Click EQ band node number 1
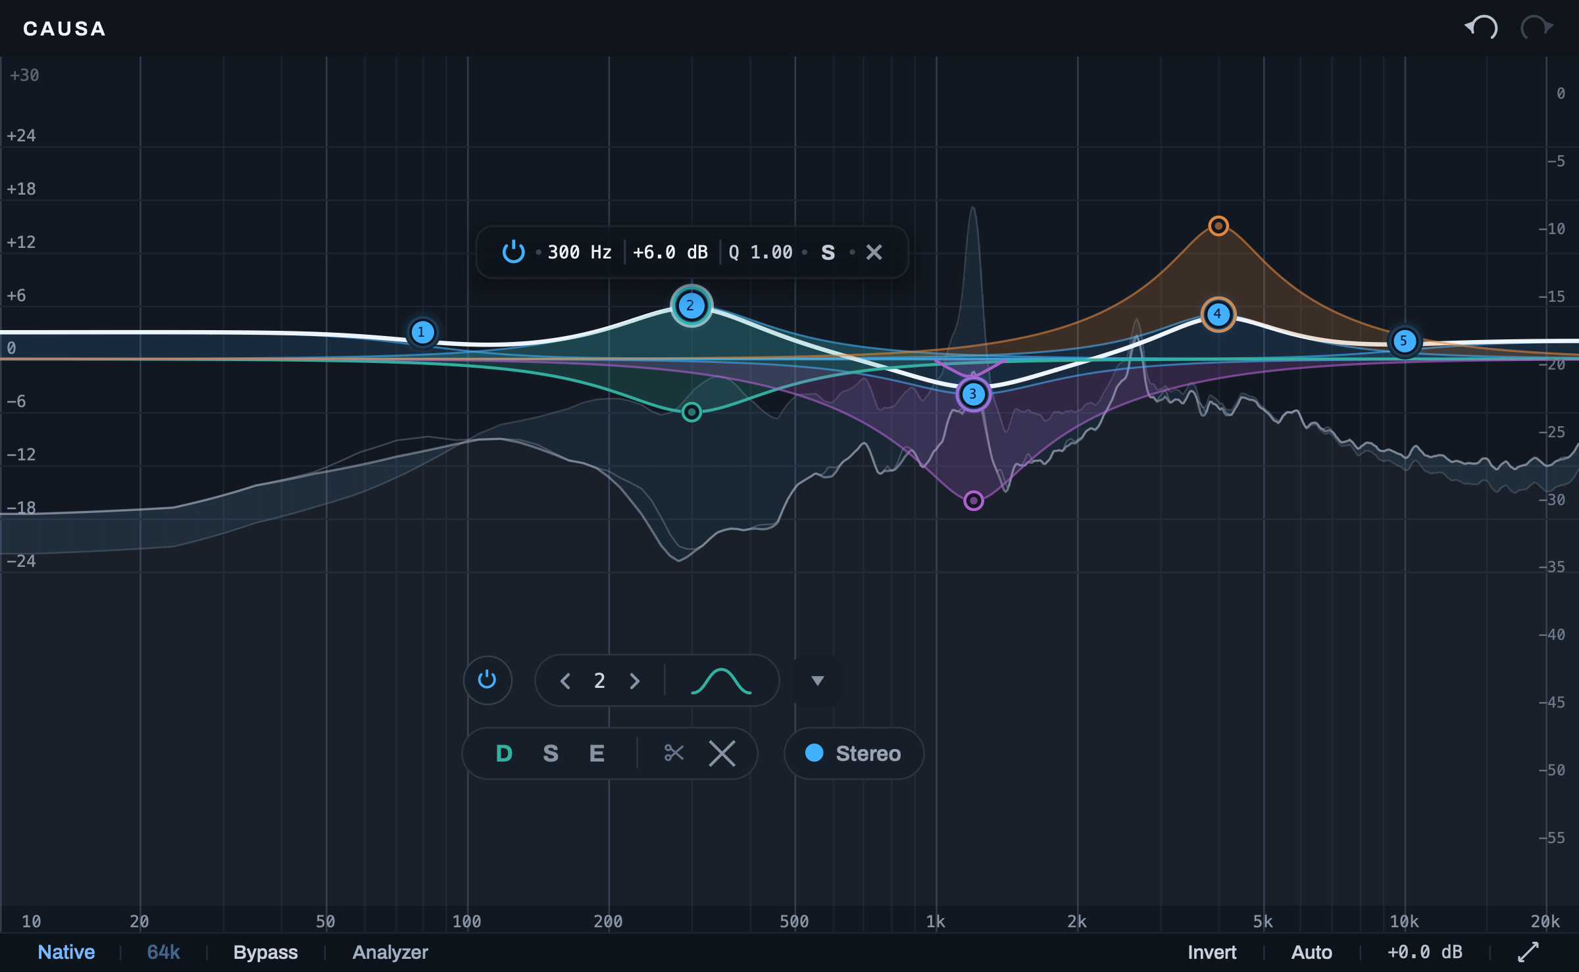click(422, 332)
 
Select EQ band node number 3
click(973, 394)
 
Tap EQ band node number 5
click(1404, 341)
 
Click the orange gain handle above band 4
click(1218, 226)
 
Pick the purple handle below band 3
click(973, 500)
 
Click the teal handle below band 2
click(691, 412)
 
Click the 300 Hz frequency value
click(580, 253)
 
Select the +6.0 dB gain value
click(670, 253)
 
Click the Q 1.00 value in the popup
click(761, 253)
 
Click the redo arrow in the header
click(1536, 28)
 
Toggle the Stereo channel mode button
click(854, 753)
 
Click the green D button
click(504, 754)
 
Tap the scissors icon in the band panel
click(674, 753)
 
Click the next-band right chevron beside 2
click(635, 681)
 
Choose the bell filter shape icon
click(721, 681)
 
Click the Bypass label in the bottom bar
click(266, 952)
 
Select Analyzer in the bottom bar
click(390, 952)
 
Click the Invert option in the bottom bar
click(1212, 952)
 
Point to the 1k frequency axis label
click(936, 921)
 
